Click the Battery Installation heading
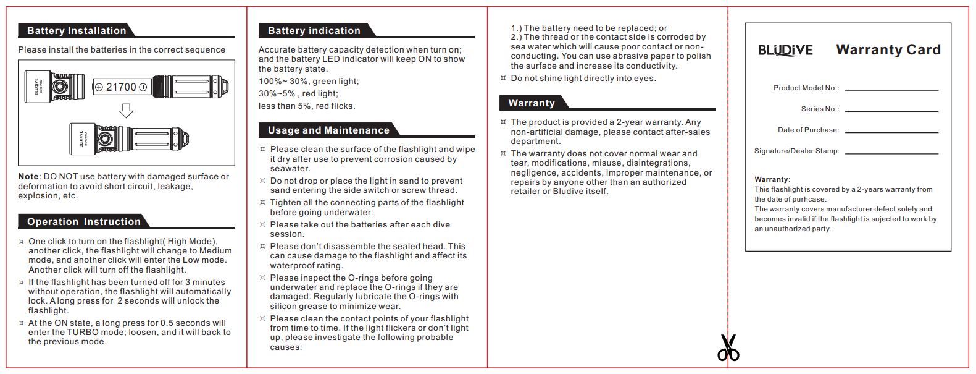[x=77, y=31]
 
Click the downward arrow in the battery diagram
[x=126, y=111]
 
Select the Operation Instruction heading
[x=84, y=222]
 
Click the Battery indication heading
[x=314, y=31]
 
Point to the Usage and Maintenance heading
[x=328, y=130]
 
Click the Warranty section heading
[x=532, y=103]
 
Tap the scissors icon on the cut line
[x=728, y=348]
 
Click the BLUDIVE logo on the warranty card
[x=785, y=50]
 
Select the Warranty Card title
[x=888, y=50]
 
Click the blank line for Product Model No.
[x=891, y=90]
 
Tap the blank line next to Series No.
[x=891, y=111]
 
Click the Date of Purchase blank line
[x=891, y=132]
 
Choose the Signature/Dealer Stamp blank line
[x=891, y=153]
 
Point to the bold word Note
[x=28, y=177]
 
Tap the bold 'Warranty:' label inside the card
[x=772, y=179]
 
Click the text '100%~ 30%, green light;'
[x=309, y=82]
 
